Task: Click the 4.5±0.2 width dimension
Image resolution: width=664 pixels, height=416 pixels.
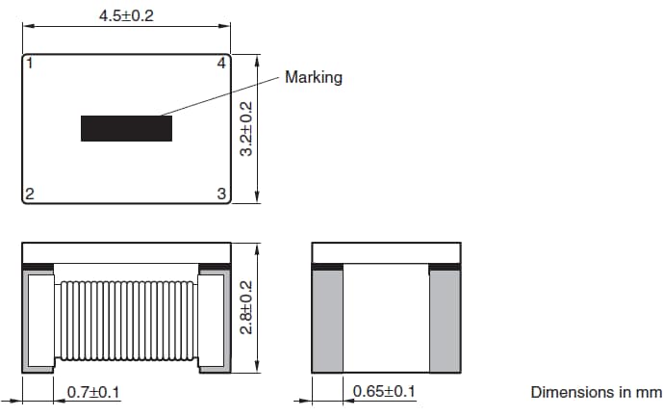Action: [126, 16]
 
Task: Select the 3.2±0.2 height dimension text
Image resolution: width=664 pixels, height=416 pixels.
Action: [246, 129]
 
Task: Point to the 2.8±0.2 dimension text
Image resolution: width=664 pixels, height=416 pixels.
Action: [246, 307]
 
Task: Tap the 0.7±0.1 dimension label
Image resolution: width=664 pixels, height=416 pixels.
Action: [92, 392]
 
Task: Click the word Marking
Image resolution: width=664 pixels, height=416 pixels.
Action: [314, 77]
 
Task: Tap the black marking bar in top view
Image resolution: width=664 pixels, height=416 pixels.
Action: [126, 128]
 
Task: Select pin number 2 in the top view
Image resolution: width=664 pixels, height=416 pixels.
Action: [31, 194]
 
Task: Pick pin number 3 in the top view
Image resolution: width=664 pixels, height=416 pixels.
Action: [221, 194]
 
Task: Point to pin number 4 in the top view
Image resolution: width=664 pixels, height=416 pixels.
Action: [221, 65]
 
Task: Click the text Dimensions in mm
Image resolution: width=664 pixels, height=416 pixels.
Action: [596, 392]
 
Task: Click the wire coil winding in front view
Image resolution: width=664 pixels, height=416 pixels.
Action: [126, 318]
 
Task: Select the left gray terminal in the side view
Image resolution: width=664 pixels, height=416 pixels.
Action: [327, 320]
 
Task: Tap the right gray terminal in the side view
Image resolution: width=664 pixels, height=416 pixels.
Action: [445, 320]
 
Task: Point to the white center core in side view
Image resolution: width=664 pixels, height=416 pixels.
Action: [386, 318]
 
